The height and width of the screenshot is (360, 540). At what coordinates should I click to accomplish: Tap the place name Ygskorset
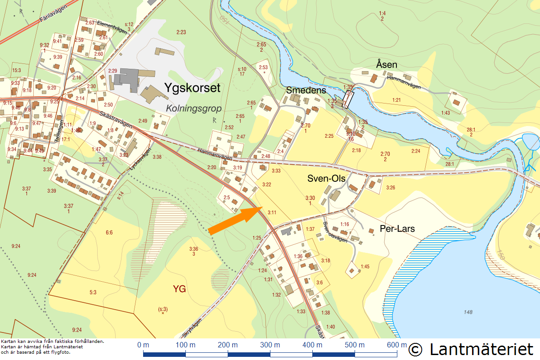pyautogui.click(x=192, y=87)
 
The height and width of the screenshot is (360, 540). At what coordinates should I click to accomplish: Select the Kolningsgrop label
pyautogui.click(x=193, y=108)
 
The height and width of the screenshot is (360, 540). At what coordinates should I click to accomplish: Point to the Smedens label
pyautogui.click(x=306, y=90)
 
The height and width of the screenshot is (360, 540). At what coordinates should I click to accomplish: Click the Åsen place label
pyautogui.click(x=387, y=65)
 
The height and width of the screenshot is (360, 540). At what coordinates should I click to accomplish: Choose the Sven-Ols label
pyautogui.click(x=326, y=178)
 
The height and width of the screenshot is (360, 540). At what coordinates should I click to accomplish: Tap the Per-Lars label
pyautogui.click(x=397, y=229)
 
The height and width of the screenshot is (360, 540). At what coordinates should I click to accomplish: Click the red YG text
pyautogui.click(x=180, y=289)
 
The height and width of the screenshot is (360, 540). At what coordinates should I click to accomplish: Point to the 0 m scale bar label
pyautogui.click(x=143, y=345)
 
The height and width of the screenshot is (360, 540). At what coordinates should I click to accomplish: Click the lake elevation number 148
pyautogui.click(x=469, y=312)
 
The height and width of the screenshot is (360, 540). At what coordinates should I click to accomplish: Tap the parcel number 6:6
pyautogui.click(x=109, y=233)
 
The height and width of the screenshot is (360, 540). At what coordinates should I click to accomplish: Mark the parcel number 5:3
pyautogui.click(x=93, y=292)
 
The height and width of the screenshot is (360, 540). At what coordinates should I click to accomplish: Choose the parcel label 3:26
pyautogui.click(x=390, y=188)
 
